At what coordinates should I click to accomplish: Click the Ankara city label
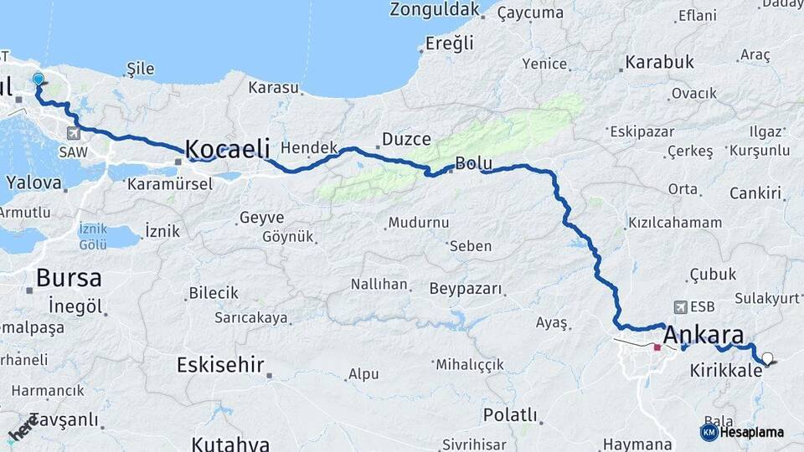coord(702,333)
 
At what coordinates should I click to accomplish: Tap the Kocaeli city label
coord(228,149)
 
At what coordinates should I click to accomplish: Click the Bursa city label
coord(69,277)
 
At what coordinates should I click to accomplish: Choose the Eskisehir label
coord(221,364)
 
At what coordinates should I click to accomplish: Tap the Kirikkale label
coord(726,368)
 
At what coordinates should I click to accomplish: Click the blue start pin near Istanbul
coord(38,80)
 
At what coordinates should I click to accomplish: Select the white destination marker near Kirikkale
coord(767,358)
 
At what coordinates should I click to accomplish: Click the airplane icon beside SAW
coord(75,132)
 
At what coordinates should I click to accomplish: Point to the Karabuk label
coord(660,63)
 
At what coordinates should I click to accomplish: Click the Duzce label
coord(406,139)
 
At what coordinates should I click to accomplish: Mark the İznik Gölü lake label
coord(92,235)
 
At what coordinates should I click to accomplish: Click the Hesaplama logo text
coord(751,432)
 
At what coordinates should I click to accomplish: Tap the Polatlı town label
coord(510,414)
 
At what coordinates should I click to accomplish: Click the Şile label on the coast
coord(141,69)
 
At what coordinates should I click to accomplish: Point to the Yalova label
coord(34,182)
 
